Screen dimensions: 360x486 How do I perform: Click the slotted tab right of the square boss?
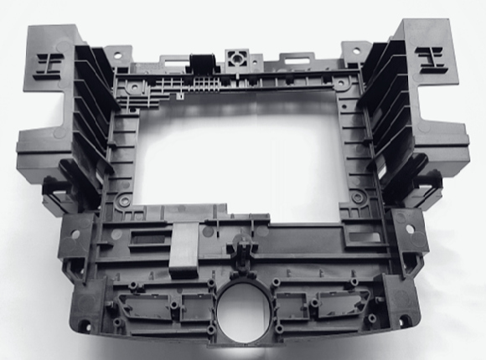[294, 59]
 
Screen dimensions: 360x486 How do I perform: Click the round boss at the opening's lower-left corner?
[124, 201]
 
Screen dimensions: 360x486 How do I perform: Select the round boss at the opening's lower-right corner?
[358, 198]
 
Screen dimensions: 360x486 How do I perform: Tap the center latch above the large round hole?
[244, 251]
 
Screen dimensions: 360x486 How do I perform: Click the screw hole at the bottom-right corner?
[406, 322]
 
